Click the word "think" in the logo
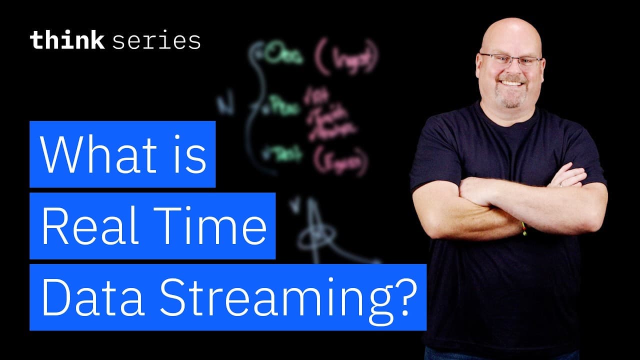point(66,40)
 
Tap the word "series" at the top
point(156,41)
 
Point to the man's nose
point(511,70)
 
